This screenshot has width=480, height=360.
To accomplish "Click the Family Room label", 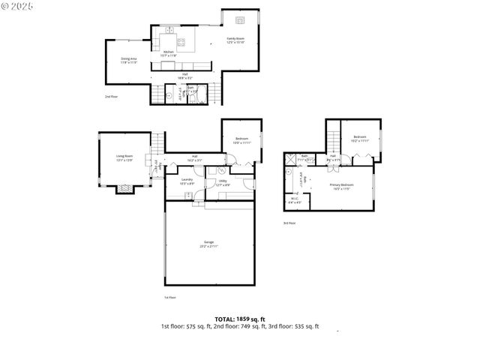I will (x=235, y=39).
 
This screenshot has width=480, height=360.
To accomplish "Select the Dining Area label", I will (x=129, y=59).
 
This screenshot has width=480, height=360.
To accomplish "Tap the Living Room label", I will (x=123, y=157).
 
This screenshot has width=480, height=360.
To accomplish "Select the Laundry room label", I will (x=187, y=181).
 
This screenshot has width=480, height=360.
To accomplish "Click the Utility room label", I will (x=223, y=182).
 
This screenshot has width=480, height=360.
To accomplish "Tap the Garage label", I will (x=208, y=243).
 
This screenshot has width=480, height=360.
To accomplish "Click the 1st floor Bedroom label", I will (x=241, y=139).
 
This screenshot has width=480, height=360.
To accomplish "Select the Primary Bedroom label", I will (x=341, y=186).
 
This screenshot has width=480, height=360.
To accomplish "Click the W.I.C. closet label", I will (x=293, y=200).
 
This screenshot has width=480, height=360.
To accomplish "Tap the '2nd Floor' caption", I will (x=111, y=97).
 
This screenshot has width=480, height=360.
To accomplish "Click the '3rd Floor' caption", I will (x=289, y=223).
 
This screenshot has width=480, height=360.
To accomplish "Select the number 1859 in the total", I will (x=244, y=319).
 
